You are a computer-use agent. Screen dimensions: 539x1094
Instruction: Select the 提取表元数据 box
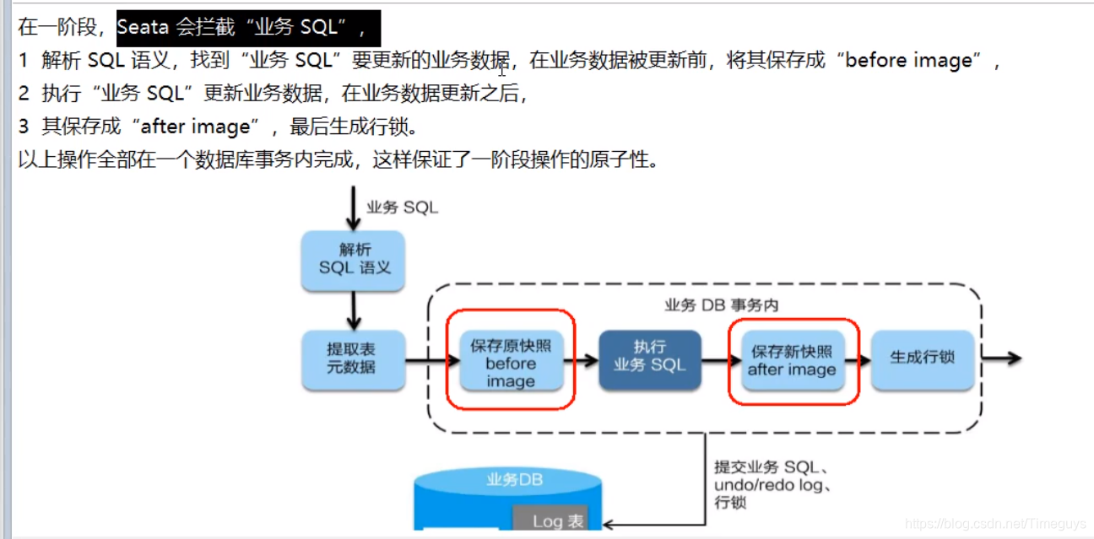click(354, 358)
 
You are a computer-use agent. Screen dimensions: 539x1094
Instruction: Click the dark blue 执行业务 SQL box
click(649, 358)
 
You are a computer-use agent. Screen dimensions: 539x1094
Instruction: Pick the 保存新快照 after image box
click(792, 360)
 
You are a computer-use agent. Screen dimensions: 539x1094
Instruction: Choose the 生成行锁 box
click(922, 358)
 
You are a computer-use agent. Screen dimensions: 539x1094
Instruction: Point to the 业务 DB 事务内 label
click(721, 305)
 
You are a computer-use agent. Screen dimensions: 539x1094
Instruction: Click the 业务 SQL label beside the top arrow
click(402, 208)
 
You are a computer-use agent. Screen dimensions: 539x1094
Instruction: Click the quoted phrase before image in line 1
click(908, 61)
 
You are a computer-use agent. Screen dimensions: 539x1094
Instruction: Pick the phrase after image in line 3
click(196, 127)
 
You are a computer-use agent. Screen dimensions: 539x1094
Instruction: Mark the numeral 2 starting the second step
click(24, 94)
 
